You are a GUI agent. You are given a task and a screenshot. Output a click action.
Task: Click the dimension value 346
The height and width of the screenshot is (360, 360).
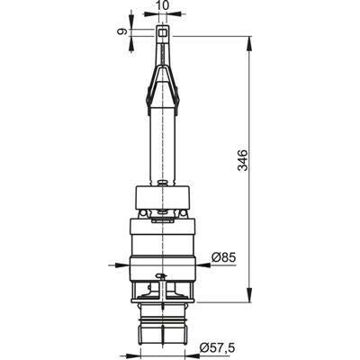click(x=242, y=160)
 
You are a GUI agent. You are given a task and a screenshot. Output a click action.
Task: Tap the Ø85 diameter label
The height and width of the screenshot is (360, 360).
click(x=224, y=257)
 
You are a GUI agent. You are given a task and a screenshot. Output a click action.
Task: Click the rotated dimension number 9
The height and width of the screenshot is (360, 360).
click(x=122, y=31)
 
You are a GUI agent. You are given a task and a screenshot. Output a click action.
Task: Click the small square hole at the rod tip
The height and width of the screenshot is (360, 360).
click(x=162, y=32)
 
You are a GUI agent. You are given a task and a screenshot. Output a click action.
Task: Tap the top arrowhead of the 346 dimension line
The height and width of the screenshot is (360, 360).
click(x=249, y=44)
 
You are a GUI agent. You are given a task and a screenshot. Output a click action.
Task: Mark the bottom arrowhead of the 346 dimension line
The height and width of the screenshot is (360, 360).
click(x=249, y=294)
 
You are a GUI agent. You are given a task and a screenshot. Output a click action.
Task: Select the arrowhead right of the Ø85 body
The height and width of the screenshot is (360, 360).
click(x=202, y=265)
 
